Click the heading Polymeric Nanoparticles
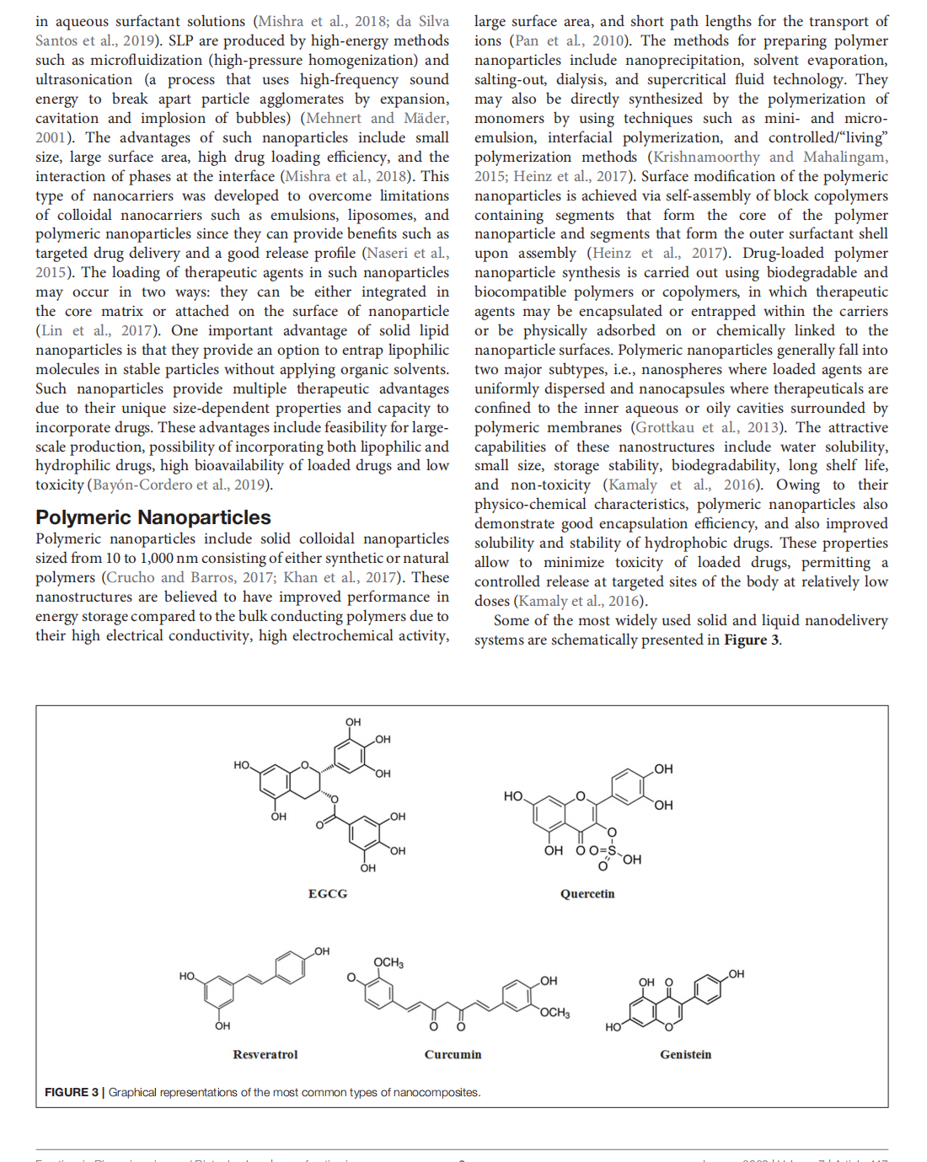coord(153,517)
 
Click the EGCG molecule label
coord(328,893)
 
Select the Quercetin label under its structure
coord(587,893)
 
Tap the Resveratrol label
coord(265,1054)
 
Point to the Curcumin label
coord(453,1054)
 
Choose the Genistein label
coord(685,1054)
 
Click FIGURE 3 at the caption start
coord(72,1092)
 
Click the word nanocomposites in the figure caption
coord(437,1092)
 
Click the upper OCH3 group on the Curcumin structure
coord(388,962)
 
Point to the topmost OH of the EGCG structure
coord(353,722)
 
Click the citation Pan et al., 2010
coord(570,40)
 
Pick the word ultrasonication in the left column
coord(83,79)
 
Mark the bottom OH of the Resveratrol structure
coord(222,1025)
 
